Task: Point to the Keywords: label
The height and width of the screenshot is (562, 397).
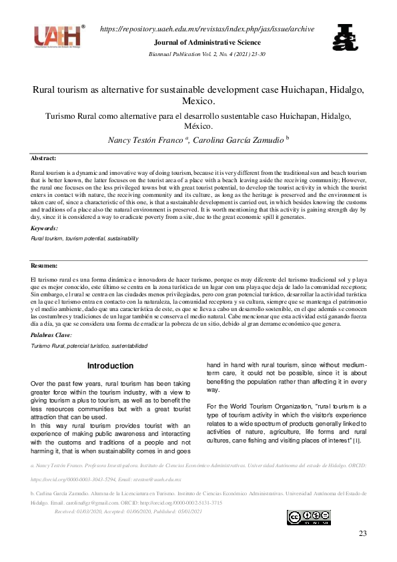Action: click(45, 228)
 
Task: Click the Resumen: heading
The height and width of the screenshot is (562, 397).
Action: click(45, 265)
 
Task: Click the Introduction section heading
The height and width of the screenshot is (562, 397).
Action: click(111, 366)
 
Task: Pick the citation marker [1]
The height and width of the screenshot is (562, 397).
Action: click(357, 441)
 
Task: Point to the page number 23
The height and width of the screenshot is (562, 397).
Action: click(362, 533)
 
